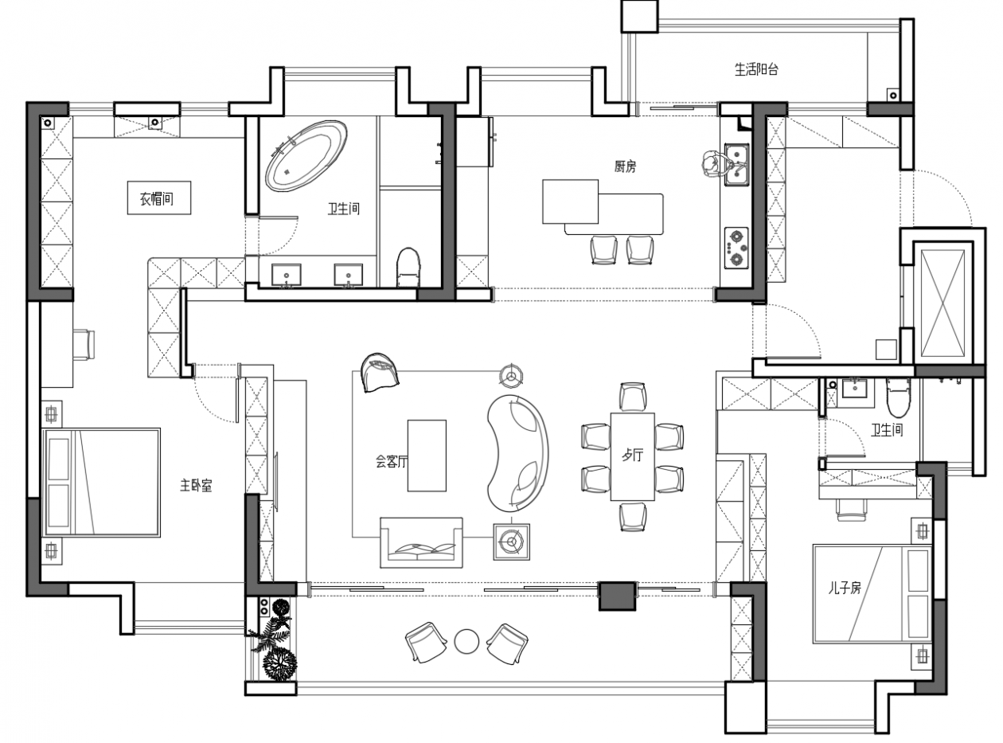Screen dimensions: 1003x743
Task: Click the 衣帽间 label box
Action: coord(158,197)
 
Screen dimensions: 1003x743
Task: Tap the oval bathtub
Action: coord(306,155)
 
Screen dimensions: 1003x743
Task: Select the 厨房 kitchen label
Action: coord(625,167)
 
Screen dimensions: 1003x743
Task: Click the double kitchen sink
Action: coord(736,165)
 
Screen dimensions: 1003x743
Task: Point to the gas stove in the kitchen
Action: coord(736,248)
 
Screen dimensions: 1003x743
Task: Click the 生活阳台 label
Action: coord(756,70)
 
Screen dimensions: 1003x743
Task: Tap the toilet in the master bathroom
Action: coord(408,268)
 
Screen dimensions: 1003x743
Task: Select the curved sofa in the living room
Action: coord(517,453)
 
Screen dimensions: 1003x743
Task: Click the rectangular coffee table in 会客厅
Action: coord(427,456)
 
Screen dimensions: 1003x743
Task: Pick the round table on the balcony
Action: coord(466,642)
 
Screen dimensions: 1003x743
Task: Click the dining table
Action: coord(632,456)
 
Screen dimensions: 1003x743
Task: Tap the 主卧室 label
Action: coord(196,486)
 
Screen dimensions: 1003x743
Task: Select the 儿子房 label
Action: coord(845,589)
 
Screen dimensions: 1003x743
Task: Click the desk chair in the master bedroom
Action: coord(84,345)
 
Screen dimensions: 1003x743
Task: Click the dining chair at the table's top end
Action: coord(633,397)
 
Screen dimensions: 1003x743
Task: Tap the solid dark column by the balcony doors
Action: coord(617,596)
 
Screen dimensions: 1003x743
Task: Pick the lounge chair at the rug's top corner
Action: coord(381,373)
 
